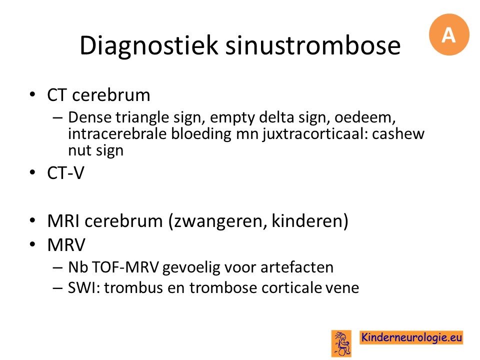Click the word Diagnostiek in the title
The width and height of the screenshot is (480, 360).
coord(149,45)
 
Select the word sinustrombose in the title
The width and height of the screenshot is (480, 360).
coord(313,45)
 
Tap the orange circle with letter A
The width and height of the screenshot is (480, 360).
coord(449,34)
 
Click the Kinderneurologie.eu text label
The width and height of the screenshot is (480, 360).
coord(411,337)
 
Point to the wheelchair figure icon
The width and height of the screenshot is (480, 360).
coord(341,343)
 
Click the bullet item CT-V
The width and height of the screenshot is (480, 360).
coord(65,173)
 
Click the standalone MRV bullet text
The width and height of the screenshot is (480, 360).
coord(66,245)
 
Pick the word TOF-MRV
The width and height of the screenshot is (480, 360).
coord(125,267)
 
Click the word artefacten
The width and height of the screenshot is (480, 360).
coord(297,267)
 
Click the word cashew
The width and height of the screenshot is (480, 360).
coord(398,134)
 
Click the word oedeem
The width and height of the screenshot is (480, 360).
coord(363,117)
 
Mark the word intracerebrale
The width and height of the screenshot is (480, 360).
coord(117,134)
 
